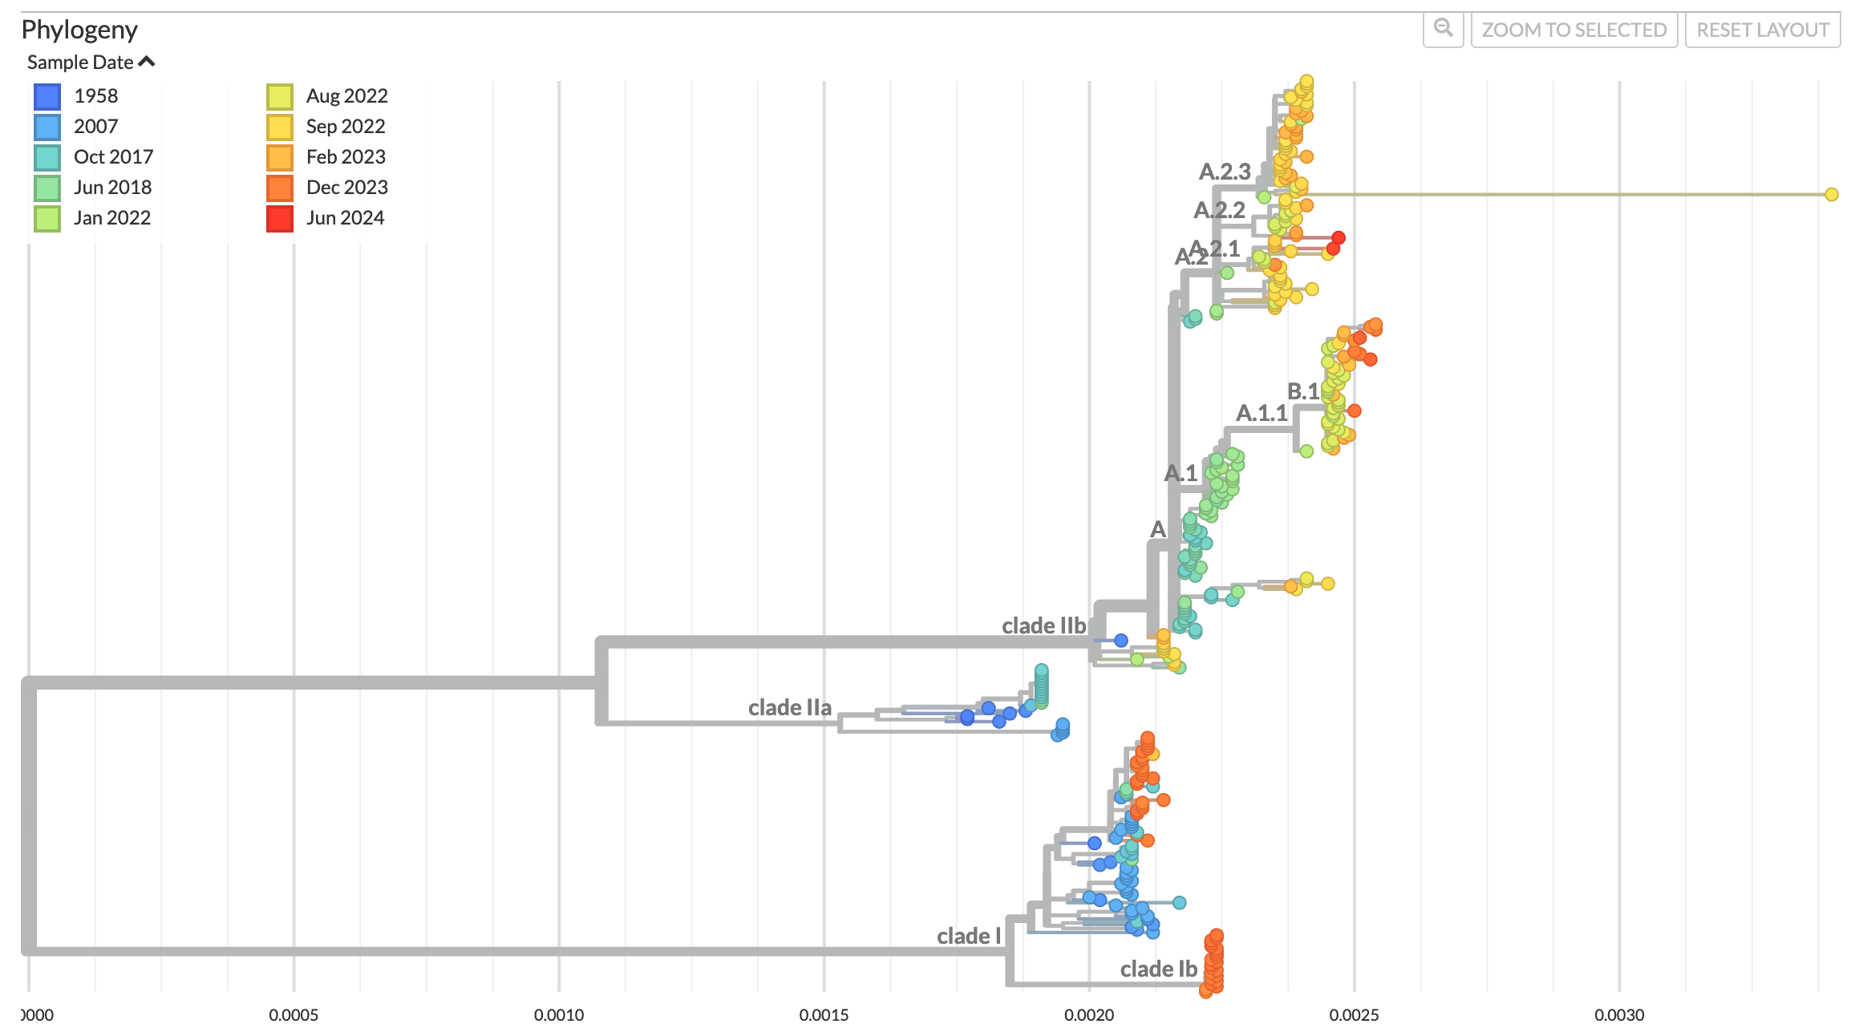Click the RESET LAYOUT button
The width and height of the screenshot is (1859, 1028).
tap(1762, 30)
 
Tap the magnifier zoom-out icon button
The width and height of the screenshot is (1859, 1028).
tap(1443, 29)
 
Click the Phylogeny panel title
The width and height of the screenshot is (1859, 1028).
tap(79, 30)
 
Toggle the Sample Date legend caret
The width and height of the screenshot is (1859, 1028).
tap(147, 62)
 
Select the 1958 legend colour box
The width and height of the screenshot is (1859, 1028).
tap(47, 96)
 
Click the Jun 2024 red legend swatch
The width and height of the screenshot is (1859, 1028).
tap(279, 218)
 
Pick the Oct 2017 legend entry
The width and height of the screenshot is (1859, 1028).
tap(112, 157)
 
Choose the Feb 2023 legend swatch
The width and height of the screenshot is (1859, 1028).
tap(279, 157)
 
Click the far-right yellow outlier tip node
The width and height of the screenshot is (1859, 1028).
tap(1831, 194)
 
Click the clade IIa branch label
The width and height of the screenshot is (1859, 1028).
tap(789, 707)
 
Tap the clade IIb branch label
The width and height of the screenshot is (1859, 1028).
tap(1043, 625)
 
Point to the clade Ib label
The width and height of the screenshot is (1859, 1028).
tap(1158, 969)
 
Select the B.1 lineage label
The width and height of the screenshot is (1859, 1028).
tap(1302, 391)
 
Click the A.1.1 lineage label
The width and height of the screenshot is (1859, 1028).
tap(1261, 413)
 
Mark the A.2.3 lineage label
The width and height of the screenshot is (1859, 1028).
tap(1224, 172)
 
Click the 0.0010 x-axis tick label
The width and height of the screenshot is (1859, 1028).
tap(559, 1014)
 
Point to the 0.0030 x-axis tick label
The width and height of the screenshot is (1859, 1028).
tap(1618, 1014)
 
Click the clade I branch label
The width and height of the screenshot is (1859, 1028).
tap(968, 936)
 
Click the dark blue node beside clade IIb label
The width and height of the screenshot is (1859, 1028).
tap(1120, 640)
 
